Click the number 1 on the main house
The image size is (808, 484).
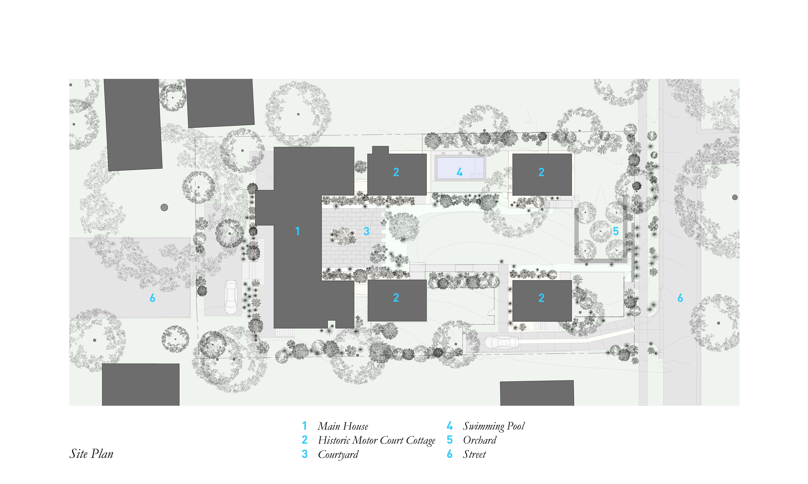pyautogui.click(x=297, y=231)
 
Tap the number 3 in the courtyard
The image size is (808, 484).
pyautogui.click(x=366, y=231)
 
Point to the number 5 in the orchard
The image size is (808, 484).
pyautogui.click(x=616, y=231)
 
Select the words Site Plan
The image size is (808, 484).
pyautogui.click(x=91, y=454)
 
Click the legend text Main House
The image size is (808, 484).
pyautogui.click(x=343, y=426)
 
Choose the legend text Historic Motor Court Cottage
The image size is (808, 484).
pyautogui.click(x=376, y=440)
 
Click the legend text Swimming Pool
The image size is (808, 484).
pyautogui.click(x=494, y=426)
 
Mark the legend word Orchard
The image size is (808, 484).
pyautogui.click(x=479, y=440)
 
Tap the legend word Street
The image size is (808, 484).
pyautogui.click(x=474, y=454)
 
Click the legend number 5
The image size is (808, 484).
pyautogui.click(x=450, y=440)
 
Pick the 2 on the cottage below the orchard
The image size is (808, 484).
pyautogui.click(x=541, y=298)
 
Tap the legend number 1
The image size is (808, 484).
pyautogui.click(x=304, y=426)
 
